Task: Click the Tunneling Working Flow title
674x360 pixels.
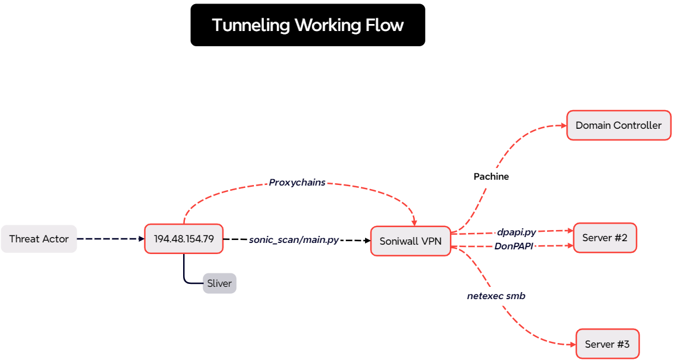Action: pos(308,25)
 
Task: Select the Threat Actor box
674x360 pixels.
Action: pos(39,239)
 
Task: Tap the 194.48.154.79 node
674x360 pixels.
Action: pos(184,239)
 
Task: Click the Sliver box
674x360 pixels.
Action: pos(219,283)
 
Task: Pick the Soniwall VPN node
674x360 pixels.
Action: pos(410,241)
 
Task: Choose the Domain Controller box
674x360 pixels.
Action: pos(618,125)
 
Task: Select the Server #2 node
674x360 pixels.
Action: pos(604,238)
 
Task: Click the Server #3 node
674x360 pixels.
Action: pos(607,344)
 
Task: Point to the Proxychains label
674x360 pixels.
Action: pos(297,183)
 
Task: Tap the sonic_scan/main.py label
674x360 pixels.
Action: pos(294,240)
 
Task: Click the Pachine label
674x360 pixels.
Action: pos(491,177)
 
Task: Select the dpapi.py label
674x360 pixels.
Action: pos(516,232)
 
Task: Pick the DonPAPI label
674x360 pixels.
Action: pos(514,246)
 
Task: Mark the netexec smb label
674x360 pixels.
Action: pos(496,296)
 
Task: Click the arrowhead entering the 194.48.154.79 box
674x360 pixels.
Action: pos(141,239)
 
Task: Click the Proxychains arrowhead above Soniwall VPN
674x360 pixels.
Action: pos(415,222)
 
